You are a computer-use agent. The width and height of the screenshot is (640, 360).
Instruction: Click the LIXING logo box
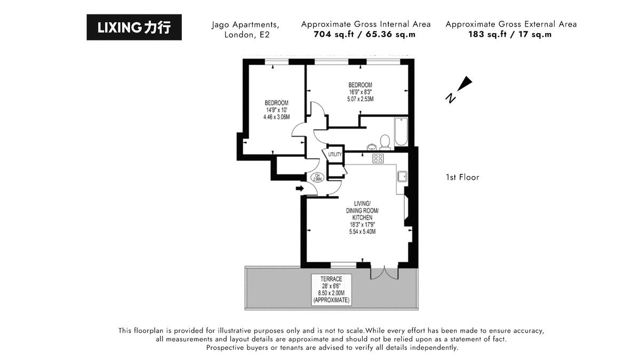pos(134,27)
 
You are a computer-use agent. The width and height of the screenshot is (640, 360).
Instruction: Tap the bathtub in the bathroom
pos(400,132)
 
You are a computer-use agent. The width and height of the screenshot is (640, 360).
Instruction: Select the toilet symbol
pos(385,141)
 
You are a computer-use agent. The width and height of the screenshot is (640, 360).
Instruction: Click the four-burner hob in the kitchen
pos(378,158)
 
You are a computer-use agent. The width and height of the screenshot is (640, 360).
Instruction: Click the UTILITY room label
pos(335,154)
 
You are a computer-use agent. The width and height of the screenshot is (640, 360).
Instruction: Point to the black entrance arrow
pos(300,188)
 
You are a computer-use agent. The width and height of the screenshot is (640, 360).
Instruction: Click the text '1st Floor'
pos(462,177)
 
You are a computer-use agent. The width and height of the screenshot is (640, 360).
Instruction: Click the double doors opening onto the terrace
pos(384,272)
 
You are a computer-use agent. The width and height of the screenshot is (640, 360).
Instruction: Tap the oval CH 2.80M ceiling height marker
pos(317,178)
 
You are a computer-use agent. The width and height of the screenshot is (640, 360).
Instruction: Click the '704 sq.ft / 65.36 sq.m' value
pos(365,35)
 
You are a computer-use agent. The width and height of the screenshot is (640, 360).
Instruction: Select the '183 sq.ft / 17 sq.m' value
pos(510,35)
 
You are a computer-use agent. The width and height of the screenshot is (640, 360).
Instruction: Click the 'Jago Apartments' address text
pos(245,25)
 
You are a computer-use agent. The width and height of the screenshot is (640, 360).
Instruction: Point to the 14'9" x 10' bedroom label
pos(276,110)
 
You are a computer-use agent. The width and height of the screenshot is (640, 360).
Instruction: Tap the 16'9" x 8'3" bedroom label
pos(360,92)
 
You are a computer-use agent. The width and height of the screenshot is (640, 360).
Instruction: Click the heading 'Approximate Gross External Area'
pos(510,24)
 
